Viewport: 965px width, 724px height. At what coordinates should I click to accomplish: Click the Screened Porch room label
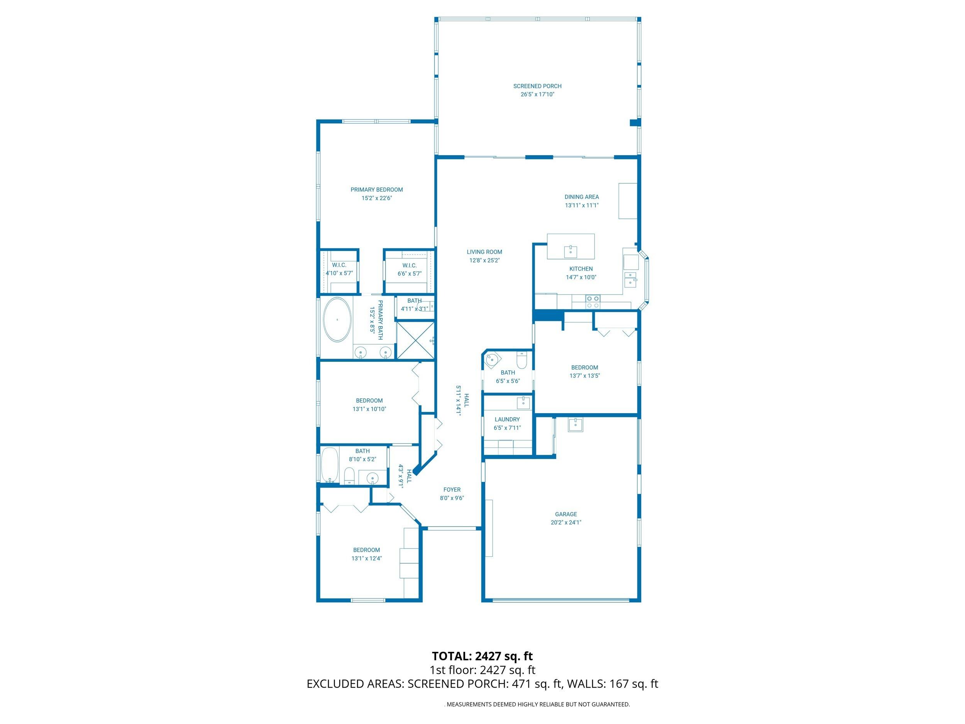[x=537, y=86]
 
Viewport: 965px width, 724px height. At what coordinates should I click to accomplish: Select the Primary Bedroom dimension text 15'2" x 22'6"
[x=376, y=198]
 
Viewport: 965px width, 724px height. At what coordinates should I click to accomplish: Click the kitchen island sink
[x=570, y=252]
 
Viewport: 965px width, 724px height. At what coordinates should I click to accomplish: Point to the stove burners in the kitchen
[x=593, y=302]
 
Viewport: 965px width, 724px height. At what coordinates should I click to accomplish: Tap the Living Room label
[x=484, y=252]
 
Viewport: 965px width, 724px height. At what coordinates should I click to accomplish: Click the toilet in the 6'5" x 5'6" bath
[x=522, y=361]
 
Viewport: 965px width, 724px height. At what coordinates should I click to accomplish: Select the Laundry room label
[x=507, y=419]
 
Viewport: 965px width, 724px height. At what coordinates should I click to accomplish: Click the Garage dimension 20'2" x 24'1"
[x=566, y=522]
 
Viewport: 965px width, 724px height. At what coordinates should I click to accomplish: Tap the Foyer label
[x=452, y=490]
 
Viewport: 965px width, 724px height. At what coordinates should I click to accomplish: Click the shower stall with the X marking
[x=415, y=341]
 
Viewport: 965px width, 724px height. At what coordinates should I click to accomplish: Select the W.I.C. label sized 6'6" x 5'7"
[x=409, y=265]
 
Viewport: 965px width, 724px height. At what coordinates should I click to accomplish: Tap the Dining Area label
[x=582, y=197]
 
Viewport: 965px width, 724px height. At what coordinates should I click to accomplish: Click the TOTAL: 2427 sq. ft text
[x=482, y=656]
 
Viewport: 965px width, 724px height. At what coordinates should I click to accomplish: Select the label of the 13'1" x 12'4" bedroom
[x=366, y=550]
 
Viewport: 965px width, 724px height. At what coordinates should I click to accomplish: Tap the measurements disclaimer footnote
[x=537, y=704]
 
